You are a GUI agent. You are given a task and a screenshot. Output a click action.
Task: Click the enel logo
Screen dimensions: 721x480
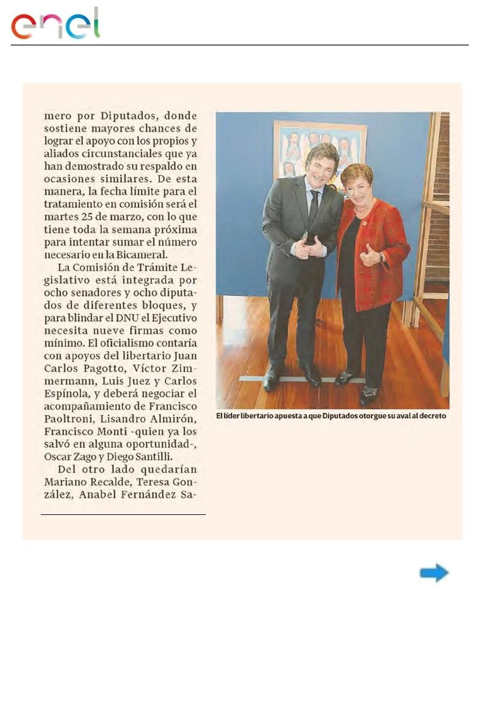55,25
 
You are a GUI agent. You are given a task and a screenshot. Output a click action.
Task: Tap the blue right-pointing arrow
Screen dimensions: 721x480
434,573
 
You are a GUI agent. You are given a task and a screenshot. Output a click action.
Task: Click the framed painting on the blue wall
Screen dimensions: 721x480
320,150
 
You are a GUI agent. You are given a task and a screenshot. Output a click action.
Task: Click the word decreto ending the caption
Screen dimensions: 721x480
431,415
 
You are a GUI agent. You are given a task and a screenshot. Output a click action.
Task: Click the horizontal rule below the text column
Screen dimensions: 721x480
123,515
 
